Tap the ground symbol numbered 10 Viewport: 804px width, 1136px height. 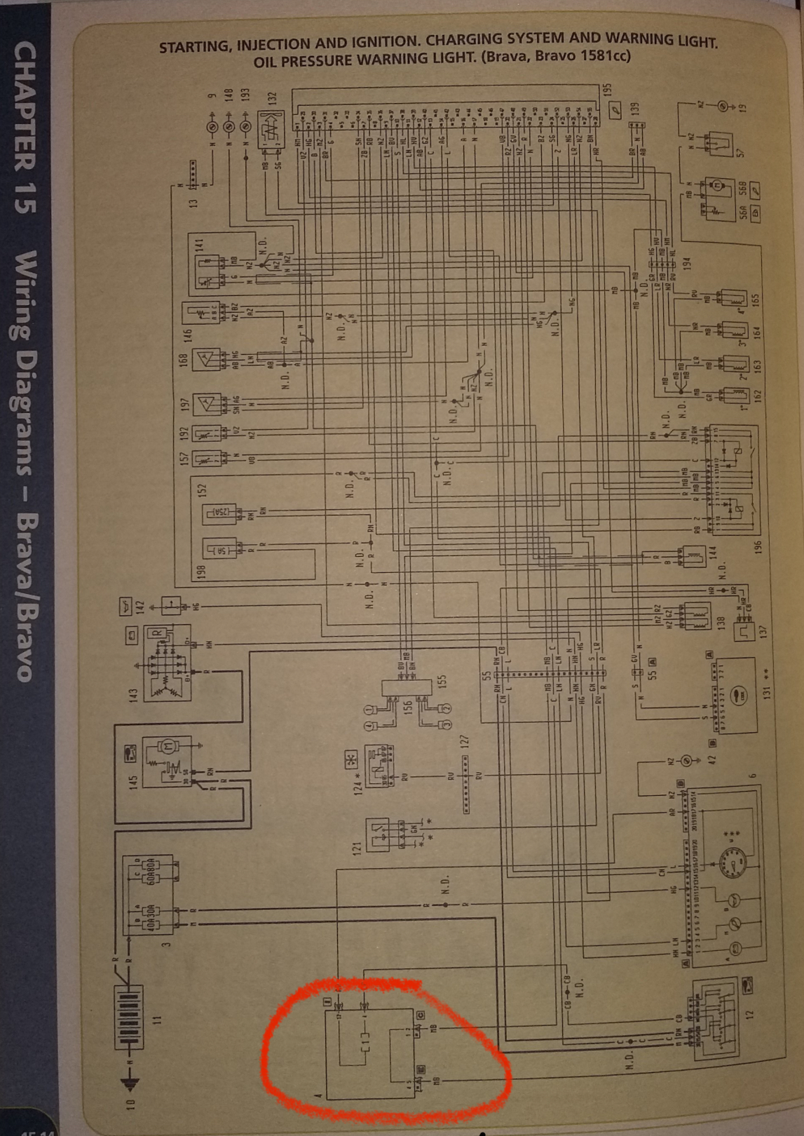point(132,1084)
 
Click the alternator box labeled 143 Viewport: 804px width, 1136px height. point(168,663)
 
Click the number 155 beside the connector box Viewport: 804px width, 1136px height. point(442,683)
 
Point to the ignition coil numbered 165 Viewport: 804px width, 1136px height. point(733,298)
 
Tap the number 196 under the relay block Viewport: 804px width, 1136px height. point(757,546)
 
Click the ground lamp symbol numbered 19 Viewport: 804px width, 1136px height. point(723,106)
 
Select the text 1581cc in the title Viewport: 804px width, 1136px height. point(604,56)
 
